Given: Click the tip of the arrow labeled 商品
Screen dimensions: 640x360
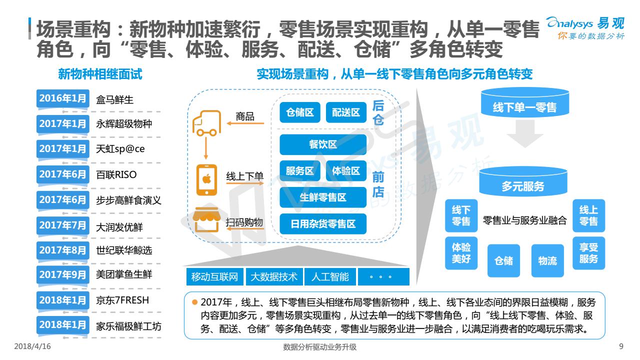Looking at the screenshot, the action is (x=227, y=123).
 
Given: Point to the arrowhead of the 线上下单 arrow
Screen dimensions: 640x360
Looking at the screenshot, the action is (x=263, y=183).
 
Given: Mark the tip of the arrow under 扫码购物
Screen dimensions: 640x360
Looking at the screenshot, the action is (x=227, y=228).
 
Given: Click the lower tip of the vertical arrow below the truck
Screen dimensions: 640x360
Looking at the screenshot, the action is (x=205, y=159).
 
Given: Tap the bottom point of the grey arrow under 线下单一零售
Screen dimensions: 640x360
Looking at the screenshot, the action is (x=525, y=147).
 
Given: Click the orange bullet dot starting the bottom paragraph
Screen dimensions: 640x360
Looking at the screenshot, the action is (x=195, y=302).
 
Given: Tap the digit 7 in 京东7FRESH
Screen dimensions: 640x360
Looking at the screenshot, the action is (x=117, y=300).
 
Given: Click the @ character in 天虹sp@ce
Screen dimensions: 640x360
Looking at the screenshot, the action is (x=127, y=149).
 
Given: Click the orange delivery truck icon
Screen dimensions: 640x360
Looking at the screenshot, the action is (x=207, y=123).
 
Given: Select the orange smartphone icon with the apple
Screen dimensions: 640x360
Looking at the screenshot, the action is (x=206, y=179).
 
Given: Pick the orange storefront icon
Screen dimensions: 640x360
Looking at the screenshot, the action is (x=206, y=219).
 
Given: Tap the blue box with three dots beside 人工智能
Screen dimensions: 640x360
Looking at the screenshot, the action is (x=383, y=276).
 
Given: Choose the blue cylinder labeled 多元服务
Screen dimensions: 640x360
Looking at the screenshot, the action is (x=523, y=181).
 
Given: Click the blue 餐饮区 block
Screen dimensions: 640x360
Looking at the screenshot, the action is (x=323, y=144).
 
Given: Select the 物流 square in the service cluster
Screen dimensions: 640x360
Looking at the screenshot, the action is (x=547, y=260).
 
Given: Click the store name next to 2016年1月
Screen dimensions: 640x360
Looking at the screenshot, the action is (x=115, y=99).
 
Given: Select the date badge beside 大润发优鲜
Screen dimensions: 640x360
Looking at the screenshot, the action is (x=62, y=225).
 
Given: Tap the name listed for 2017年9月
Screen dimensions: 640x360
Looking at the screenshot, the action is (x=124, y=274).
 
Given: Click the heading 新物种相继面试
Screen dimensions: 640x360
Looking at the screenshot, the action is (x=100, y=74).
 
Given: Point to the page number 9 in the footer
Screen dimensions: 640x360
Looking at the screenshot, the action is (x=621, y=346).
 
